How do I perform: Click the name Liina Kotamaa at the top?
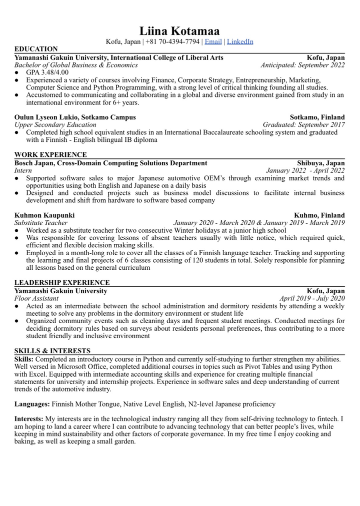179,31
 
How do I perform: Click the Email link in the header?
213,41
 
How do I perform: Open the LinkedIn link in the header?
240,41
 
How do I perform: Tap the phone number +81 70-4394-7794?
172,41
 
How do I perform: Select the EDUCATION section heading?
36,49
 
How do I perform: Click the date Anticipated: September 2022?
302,65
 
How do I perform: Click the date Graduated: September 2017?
303,125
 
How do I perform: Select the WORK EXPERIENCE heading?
50,155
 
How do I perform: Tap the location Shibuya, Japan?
320,163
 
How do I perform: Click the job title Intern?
23,170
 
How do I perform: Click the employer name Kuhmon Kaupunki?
44,215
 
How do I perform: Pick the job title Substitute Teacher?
41,223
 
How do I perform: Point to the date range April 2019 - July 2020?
312,298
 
